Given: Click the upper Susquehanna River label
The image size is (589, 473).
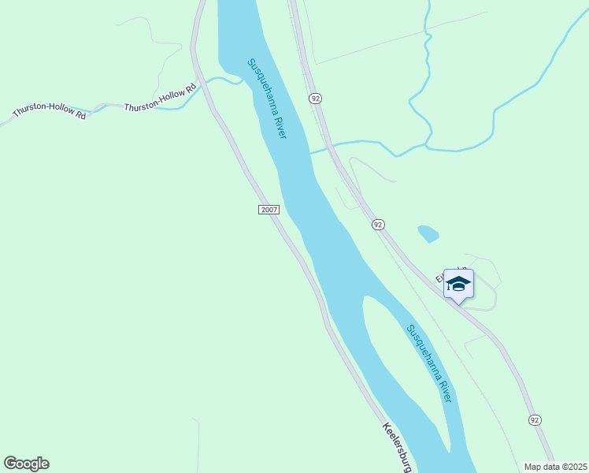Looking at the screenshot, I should coord(266,99).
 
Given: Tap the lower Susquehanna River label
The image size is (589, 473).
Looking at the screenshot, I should coord(429,363).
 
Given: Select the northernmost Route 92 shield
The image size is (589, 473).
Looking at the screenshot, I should coord(315,98).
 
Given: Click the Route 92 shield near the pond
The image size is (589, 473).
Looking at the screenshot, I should coord(378,225).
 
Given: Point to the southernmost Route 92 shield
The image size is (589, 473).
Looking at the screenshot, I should coord(535,419).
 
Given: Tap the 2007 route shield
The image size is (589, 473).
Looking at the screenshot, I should coord(269,209).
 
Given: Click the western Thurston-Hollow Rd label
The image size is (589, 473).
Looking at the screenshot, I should coord(49,114).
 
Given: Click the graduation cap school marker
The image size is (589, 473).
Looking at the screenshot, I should coord(457,284).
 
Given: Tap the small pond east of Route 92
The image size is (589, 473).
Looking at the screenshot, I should coord(428,233).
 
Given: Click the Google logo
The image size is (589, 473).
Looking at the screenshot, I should coord(26,464).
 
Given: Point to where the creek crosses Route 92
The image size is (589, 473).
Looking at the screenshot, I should coord(332,146).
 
